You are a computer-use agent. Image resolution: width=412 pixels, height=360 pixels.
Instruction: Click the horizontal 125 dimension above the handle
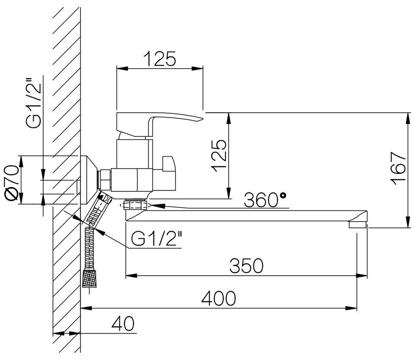[x=160, y=59]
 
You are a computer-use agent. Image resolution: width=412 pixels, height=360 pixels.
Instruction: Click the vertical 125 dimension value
[x=219, y=155]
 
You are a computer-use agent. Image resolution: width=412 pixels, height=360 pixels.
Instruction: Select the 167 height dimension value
[x=398, y=169]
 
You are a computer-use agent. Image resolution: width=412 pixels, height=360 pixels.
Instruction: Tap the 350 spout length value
[x=246, y=265]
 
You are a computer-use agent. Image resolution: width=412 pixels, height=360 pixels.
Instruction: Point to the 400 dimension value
[x=219, y=298]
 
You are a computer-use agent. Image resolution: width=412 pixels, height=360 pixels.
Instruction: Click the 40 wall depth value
[x=123, y=324]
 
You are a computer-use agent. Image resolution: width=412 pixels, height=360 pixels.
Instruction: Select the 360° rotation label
[x=265, y=200]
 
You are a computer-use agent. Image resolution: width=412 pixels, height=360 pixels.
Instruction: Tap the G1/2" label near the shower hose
[x=157, y=238]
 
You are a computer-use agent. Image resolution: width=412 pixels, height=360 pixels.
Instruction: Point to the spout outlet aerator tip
[x=358, y=225]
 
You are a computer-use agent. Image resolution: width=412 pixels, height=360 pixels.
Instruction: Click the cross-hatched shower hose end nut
[x=89, y=278]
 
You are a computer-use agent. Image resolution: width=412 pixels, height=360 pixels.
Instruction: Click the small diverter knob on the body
[x=169, y=163]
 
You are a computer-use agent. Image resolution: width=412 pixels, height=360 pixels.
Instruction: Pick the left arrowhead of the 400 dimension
[x=86, y=308]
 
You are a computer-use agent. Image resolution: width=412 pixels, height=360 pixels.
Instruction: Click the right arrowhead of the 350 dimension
[x=362, y=276]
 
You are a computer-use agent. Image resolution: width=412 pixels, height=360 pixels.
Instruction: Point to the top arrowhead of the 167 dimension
[x=408, y=118]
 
